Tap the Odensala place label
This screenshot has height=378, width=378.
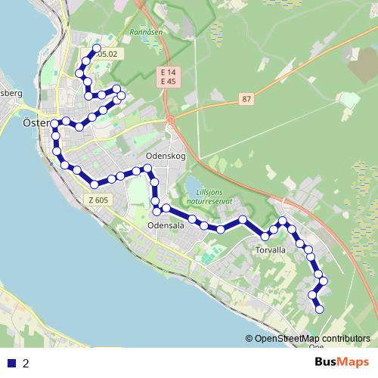(166, 225)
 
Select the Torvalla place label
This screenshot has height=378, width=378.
(271, 250)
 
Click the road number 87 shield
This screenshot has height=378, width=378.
(246, 99)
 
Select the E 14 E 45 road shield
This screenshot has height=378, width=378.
(168, 76)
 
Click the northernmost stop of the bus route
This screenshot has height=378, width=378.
(97, 49)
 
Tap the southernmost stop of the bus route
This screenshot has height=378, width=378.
(319, 308)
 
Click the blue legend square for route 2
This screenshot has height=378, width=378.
(11, 363)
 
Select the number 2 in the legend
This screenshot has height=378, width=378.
(26, 363)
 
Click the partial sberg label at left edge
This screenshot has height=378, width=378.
(11, 93)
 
